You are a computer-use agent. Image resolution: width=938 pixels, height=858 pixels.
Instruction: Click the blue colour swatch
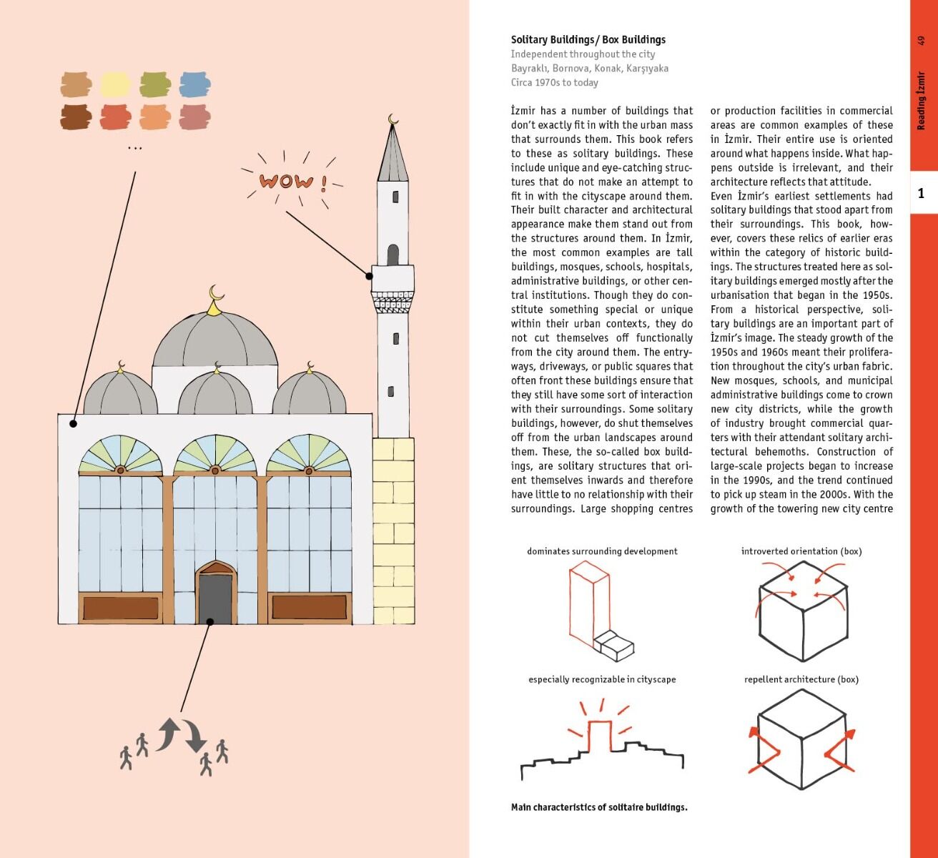click(x=195, y=84)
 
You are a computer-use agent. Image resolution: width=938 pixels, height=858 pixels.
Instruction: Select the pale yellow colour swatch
click(x=116, y=84)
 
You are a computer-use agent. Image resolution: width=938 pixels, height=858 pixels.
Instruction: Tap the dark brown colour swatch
click(x=76, y=117)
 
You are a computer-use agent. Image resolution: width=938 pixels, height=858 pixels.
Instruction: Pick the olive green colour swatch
click(x=155, y=84)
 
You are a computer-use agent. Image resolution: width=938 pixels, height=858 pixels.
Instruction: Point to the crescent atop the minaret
click(x=393, y=120)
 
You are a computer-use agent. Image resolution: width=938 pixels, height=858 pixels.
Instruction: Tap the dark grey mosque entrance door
click(x=216, y=599)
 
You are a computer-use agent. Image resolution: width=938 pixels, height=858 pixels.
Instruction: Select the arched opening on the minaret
click(x=393, y=255)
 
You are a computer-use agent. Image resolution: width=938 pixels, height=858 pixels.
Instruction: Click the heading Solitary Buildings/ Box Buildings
click(x=588, y=40)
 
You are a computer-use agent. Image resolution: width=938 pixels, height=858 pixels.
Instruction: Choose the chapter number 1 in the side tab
click(x=921, y=193)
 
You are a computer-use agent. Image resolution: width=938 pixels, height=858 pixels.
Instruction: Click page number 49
click(x=921, y=40)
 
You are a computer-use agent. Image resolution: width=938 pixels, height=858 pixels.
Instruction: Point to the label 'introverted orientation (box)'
click(x=801, y=551)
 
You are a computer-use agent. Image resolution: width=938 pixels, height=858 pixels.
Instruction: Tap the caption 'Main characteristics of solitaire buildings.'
click(x=599, y=807)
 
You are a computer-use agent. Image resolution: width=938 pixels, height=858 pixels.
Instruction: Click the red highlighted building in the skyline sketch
click(x=600, y=736)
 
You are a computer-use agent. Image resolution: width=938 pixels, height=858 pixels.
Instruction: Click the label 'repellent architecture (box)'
click(x=801, y=679)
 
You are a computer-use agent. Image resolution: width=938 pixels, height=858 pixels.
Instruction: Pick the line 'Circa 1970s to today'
click(x=554, y=82)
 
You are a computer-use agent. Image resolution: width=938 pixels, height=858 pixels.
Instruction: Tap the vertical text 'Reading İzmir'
click(x=921, y=101)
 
